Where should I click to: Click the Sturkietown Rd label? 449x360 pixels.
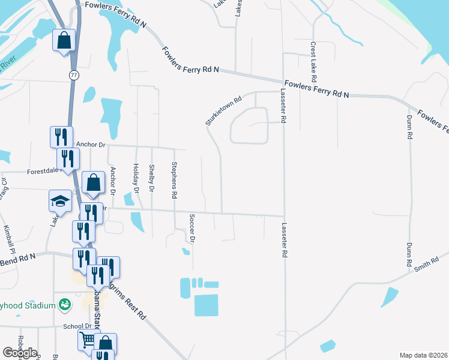point(223,110)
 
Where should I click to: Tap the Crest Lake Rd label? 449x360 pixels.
point(313,62)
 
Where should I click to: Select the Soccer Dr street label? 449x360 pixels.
point(192,228)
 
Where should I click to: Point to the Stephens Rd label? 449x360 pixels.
point(174,180)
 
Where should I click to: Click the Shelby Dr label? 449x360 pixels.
point(152,178)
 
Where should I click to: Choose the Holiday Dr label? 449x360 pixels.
point(136,178)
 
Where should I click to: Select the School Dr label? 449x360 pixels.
point(77,327)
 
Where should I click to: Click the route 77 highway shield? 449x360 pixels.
point(74,75)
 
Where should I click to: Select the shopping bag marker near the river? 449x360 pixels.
point(64,41)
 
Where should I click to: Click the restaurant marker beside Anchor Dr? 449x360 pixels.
point(61,137)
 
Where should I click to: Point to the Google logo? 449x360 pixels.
point(20,352)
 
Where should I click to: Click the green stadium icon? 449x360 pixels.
point(64,305)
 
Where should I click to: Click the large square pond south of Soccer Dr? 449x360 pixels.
point(206,305)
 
